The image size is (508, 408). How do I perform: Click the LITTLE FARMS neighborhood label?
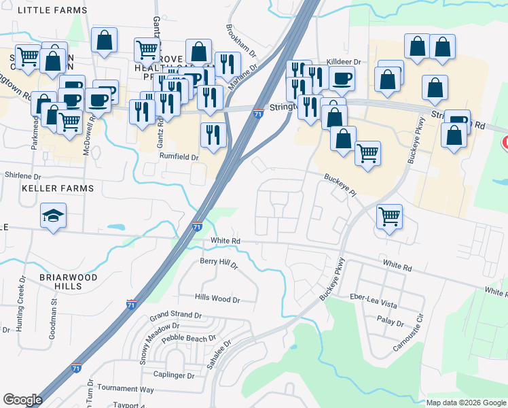pos(52,10)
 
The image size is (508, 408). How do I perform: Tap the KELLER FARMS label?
pos(57,187)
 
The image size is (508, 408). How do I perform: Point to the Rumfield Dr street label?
pos(179,157)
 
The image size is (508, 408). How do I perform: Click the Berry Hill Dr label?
pos(219,263)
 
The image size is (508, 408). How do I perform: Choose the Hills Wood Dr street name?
pos(217,299)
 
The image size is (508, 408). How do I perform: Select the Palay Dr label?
pos(390,323)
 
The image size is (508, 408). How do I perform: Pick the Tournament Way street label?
pos(125,388)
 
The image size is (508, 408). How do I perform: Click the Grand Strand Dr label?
pos(176,316)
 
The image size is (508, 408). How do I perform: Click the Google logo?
pos(22,400)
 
